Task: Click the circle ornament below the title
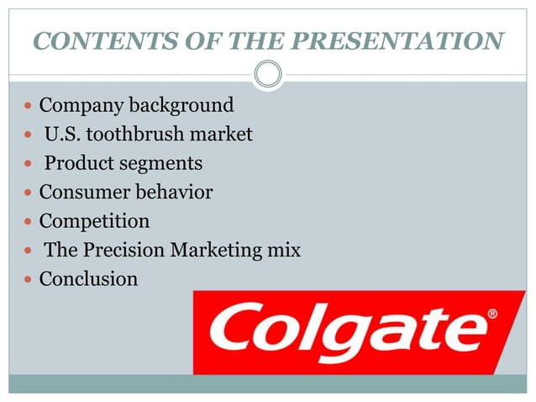[268, 75]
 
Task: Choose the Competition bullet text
[94, 221]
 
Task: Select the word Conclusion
[88, 278]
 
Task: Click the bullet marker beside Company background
[29, 107]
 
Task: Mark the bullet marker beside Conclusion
[29, 279]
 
